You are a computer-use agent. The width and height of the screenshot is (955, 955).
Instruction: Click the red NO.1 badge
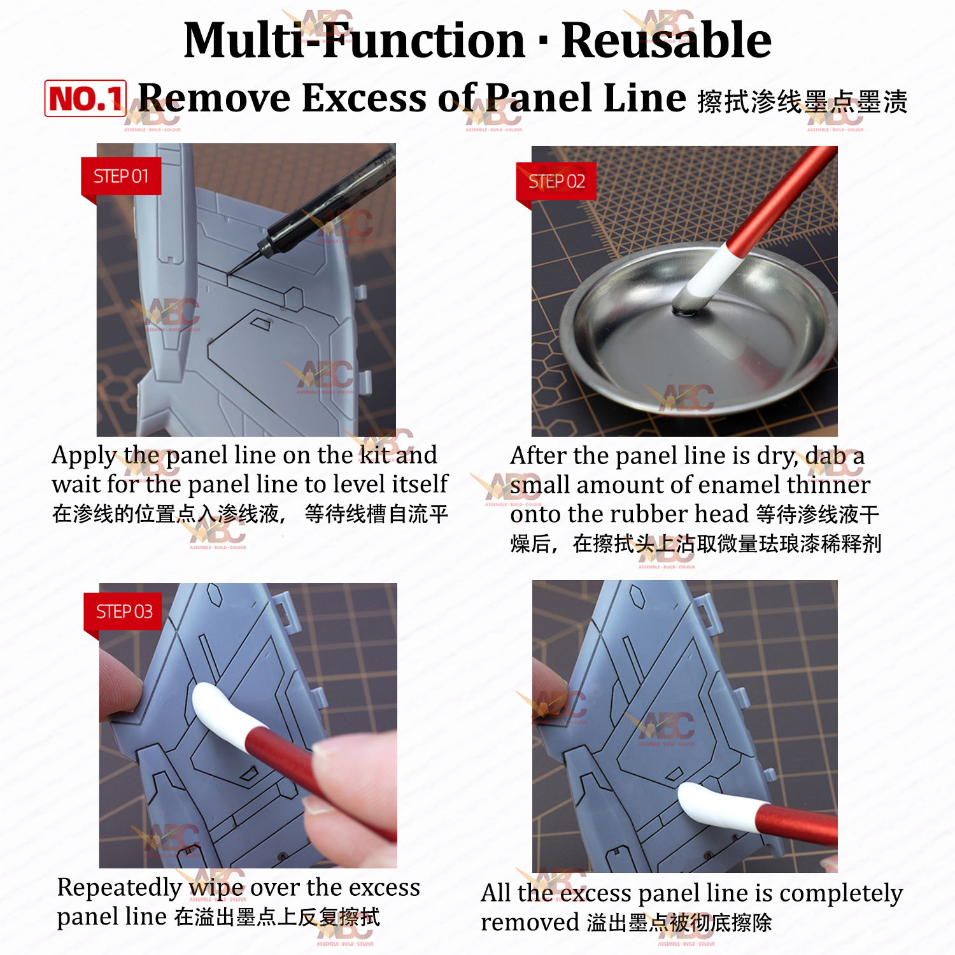(x=85, y=99)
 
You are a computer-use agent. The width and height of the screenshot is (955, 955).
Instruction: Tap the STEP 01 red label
(x=121, y=176)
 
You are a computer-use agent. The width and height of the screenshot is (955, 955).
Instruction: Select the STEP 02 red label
(x=556, y=181)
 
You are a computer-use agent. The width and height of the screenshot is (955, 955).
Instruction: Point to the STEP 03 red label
(x=124, y=612)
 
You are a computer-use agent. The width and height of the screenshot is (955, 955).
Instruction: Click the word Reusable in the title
(x=666, y=40)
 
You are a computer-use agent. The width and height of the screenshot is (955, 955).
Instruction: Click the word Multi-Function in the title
(x=354, y=40)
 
